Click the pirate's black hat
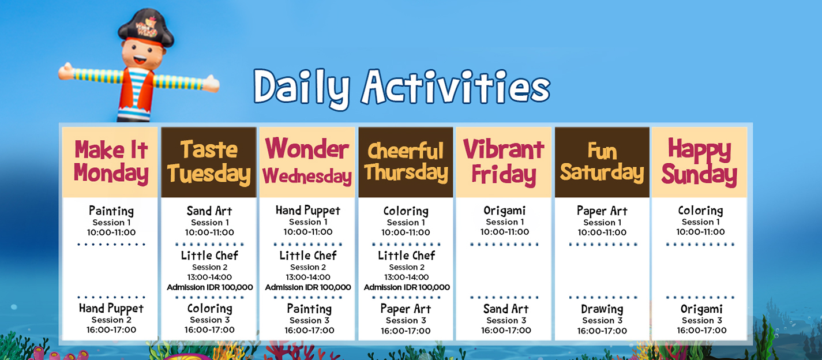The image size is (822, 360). (146, 28)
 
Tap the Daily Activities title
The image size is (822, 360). (402, 88)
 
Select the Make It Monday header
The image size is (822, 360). (111, 162)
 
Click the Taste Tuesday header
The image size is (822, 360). (209, 162)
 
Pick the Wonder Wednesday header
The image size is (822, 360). (307, 161)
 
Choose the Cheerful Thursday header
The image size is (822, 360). (406, 162)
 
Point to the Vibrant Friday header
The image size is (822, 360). (504, 162)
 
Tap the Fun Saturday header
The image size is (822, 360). (602, 162)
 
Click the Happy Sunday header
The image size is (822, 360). (699, 162)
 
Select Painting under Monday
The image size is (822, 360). (111, 211)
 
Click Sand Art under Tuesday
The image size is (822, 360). (209, 211)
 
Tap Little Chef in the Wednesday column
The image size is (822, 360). (308, 256)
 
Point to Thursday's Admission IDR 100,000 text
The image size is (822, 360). (407, 287)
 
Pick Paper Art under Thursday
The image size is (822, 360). (406, 309)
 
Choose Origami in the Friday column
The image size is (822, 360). (505, 211)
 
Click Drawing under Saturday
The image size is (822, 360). (602, 309)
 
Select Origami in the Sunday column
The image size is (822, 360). (701, 309)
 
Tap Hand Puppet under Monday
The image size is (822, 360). (111, 308)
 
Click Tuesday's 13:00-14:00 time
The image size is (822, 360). (209, 277)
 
